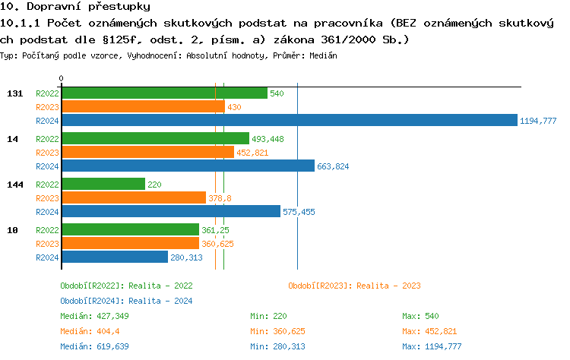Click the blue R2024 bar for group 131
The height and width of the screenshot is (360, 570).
point(289,120)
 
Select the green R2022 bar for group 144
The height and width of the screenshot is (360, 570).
point(103,184)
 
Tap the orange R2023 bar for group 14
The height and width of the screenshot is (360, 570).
point(147,152)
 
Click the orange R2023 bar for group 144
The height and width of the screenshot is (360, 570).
point(134,197)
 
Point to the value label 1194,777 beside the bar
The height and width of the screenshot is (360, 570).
point(538,121)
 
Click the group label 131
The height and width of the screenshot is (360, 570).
point(14,93)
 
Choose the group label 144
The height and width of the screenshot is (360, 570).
point(14,185)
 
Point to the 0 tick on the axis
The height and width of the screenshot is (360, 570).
point(62,78)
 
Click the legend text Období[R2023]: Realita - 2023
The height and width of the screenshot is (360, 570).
point(354,286)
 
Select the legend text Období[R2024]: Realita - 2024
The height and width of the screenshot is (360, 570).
point(126,301)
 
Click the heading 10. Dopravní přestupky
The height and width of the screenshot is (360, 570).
point(69,7)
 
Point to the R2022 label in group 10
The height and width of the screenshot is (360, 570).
point(47,229)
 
